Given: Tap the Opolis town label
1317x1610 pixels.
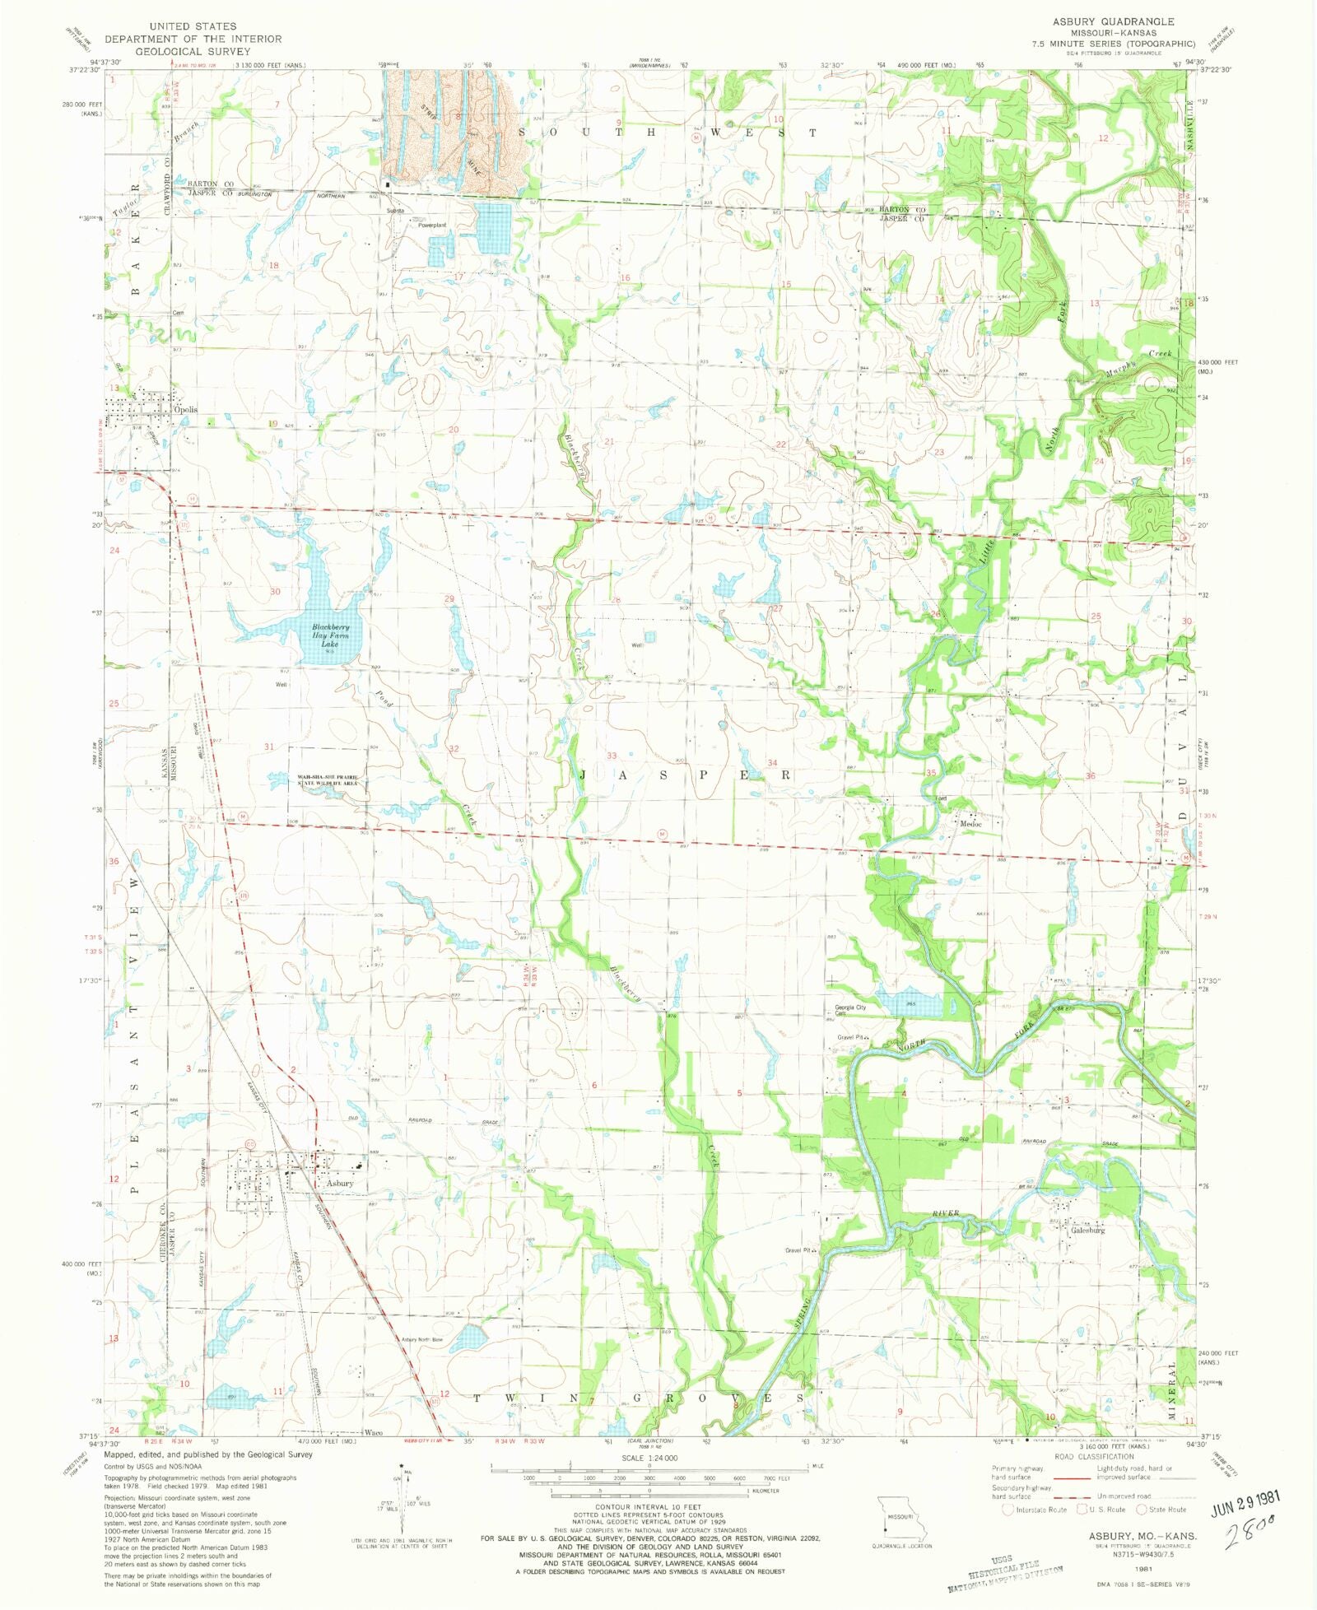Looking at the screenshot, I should click(185, 409).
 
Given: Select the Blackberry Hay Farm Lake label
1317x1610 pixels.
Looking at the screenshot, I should click(329, 636).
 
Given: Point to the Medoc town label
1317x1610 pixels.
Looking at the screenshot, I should click(968, 822).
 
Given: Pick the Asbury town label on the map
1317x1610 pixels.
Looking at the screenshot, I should click(339, 1183).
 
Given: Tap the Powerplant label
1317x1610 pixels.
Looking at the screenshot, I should click(431, 225).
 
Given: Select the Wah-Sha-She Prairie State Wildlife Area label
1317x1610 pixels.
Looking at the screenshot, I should click(327, 780).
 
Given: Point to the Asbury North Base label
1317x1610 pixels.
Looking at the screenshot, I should click(422, 1340).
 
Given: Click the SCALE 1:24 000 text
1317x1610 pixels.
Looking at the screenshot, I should click(651, 1458).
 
